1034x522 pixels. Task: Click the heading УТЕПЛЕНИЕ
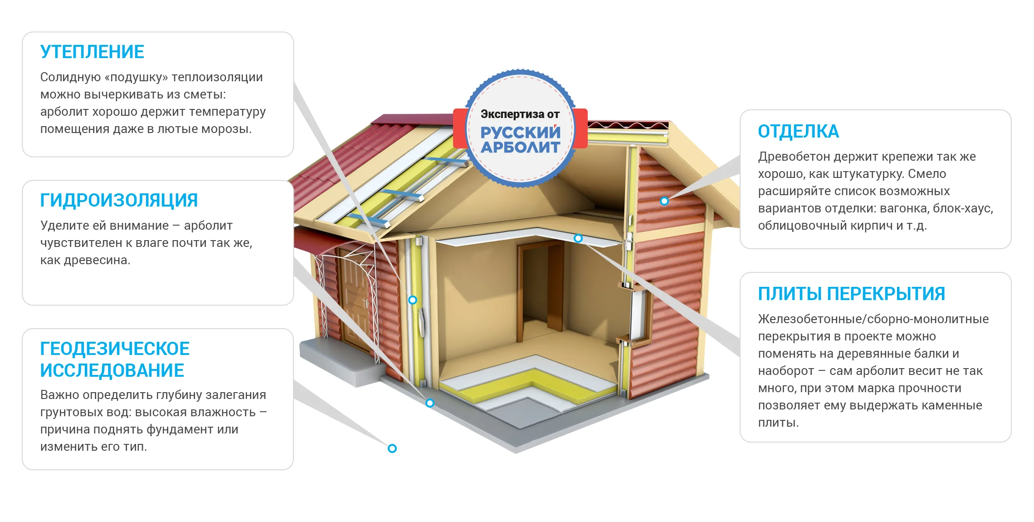point(92,52)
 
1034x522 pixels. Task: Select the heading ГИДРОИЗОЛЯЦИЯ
point(119,200)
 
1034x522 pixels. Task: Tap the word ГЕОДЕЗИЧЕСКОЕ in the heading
point(115,349)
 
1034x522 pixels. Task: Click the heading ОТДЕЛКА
point(798,131)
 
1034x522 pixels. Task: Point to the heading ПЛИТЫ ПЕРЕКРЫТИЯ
point(851,294)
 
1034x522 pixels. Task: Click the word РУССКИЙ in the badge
point(521,132)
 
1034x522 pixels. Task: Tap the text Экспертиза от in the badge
point(520,114)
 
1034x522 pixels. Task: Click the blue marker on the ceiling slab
point(578,238)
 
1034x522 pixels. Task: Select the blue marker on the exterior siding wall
point(664,201)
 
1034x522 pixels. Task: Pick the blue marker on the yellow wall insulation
point(412,300)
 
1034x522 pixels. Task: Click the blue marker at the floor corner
point(430,403)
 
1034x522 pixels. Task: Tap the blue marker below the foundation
point(392,448)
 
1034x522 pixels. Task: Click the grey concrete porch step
point(340,361)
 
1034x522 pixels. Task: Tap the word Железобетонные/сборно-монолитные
point(873,319)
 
